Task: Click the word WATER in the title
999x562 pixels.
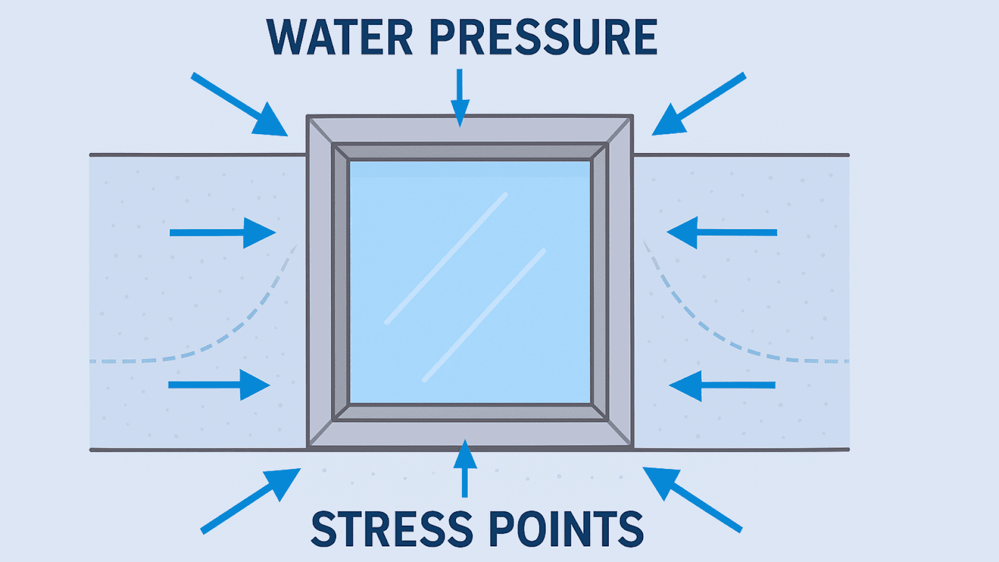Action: [340, 38]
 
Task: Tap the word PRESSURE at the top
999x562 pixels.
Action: [543, 38]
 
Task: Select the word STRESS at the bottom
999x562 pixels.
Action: [391, 529]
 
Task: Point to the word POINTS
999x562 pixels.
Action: [566, 529]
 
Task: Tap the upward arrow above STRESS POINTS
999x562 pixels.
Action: [465, 468]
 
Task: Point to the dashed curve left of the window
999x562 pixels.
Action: [238, 328]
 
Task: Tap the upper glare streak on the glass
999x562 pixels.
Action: [446, 259]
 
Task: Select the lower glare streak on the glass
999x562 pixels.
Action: [483, 315]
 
